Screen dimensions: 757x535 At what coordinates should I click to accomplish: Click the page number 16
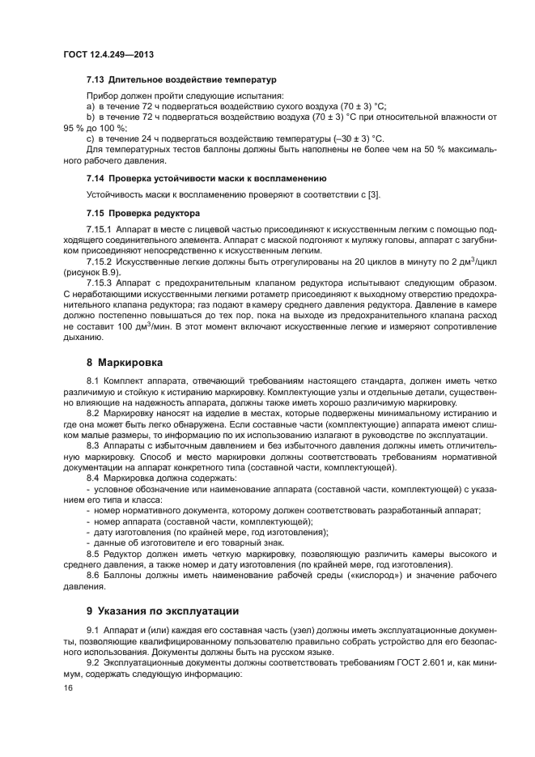(68, 687)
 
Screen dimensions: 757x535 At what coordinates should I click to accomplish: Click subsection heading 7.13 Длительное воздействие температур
(181, 80)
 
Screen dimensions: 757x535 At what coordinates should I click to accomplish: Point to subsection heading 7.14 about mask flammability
(206, 177)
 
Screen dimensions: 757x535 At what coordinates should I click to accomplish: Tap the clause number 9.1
(94, 629)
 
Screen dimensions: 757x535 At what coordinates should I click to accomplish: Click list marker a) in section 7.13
(90, 106)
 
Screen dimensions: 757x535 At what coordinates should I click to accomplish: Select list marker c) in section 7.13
(90, 138)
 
